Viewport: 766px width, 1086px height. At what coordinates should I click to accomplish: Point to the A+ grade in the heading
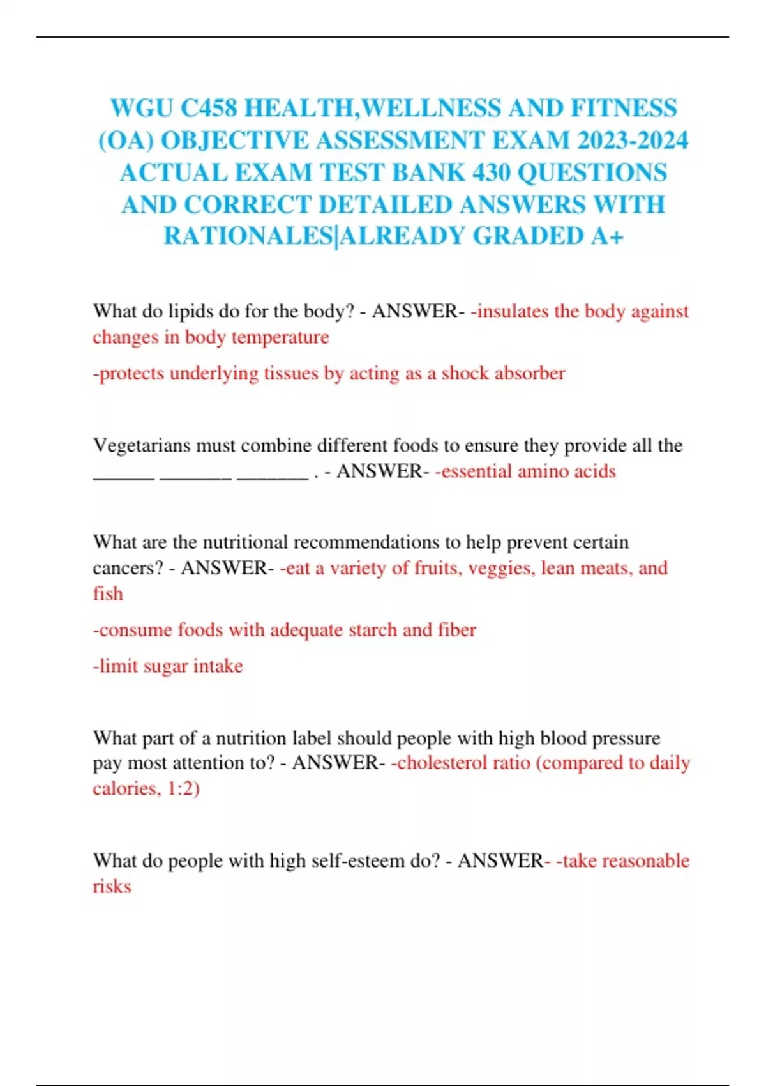coord(607,236)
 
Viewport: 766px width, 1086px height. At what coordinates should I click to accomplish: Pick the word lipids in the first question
coord(190,311)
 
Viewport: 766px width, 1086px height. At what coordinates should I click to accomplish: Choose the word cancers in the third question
coord(128,568)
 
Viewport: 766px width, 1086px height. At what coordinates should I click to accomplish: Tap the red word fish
coord(108,594)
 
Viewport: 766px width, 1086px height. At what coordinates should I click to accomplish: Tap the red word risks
coord(112,887)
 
